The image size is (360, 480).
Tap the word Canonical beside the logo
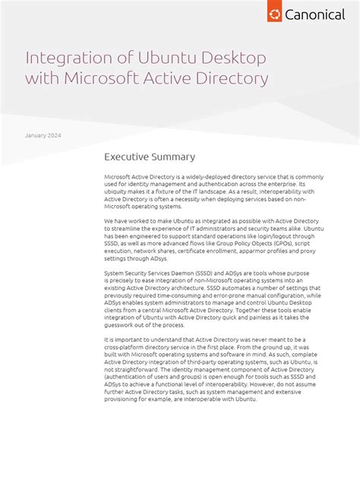tap(314, 14)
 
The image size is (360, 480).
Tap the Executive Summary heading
tap(150, 157)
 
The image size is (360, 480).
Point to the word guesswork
tap(122, 324)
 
